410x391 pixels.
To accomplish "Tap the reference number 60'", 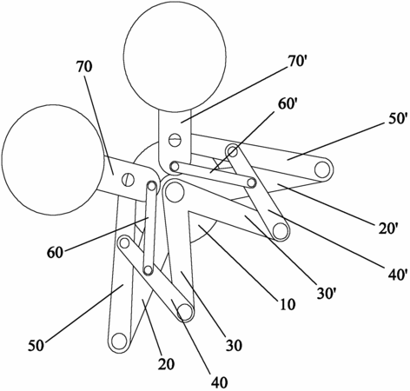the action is [286, 104].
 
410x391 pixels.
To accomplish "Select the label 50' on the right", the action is [393, 119].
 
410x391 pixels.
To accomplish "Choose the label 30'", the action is [327, 294].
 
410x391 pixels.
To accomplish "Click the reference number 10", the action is [287, 304].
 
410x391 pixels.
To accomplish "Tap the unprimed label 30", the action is [234, 345].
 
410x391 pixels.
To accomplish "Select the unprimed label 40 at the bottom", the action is [219, 382].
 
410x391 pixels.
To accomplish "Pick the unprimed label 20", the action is [166, 364].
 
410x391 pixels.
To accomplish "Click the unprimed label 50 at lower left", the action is [36, 346].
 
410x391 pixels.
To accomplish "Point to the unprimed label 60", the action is [55, 253].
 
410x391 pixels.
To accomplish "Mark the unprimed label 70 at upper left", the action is [84, 66].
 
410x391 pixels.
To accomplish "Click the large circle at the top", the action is [175, 56].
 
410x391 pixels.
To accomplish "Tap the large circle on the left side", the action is [53, 160].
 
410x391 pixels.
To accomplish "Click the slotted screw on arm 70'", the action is [175, 140].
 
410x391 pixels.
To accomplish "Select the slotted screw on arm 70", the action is [128, 180].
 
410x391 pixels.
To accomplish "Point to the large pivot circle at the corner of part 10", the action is [175, 191].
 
